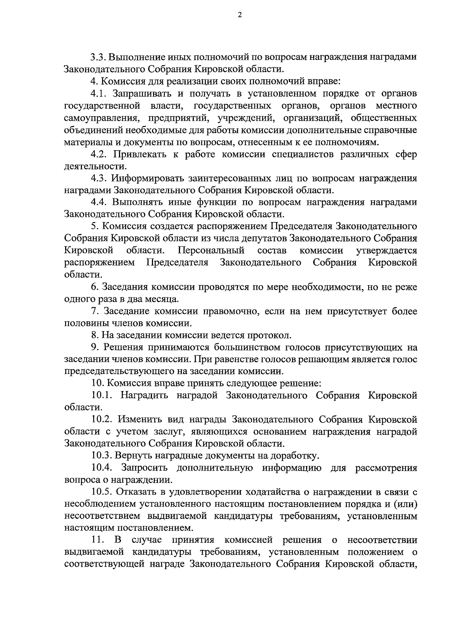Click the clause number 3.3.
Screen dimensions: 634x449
(98, 57)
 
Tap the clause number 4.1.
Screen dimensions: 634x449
(98, 93)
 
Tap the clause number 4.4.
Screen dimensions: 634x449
(99, 202)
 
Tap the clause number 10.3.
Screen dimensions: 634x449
(101, 456)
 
